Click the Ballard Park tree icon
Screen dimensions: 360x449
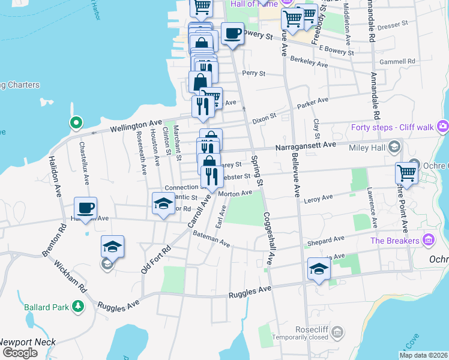click(x=77, y=307)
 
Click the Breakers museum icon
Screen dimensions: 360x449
click(x=428, y=241)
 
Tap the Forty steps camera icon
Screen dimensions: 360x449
click(x=443, y=126)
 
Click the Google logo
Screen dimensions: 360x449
click(x=20, y=353)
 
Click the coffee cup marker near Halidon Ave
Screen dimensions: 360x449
click(x=85, y=208)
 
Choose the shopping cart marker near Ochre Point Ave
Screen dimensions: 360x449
click(x=406, y=173)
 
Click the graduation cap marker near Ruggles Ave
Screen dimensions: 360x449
click(x=319, y=269)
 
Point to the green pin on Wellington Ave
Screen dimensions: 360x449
click(x=76, y=123)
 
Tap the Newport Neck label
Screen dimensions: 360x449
click(x=28, y=342)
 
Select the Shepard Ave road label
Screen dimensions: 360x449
click(x=324, y=243)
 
